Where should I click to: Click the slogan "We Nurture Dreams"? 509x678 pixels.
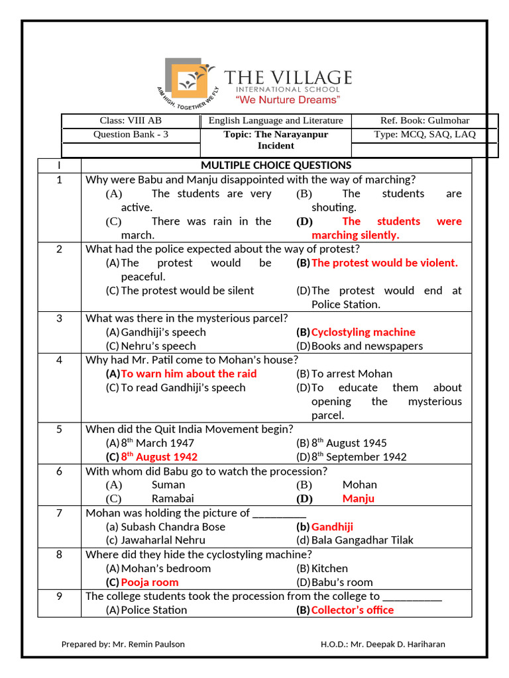click(x=288, y=100)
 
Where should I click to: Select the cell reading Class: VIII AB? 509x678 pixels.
click(x=131, y=121)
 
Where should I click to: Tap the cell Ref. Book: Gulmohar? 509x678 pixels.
click(x=424, y=121)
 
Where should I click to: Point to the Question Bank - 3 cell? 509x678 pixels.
click(x=131, y=134)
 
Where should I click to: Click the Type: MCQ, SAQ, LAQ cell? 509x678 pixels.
click(x=424, y=134)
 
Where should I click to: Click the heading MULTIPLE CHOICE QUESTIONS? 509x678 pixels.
click(x=276, y=166)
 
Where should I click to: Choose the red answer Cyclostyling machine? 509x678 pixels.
click(x=363, y=332)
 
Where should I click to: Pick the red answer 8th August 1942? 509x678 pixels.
click(x=159, y=457)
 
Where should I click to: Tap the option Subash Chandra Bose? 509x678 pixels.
click(x=173, y=527)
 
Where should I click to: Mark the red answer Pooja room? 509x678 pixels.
click(x=150, y=583)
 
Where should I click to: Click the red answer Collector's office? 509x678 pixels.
click(x=352, y=610)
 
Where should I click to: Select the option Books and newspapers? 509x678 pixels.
click(x=367, y=346)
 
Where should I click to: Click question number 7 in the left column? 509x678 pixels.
click(x=59, y=513)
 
